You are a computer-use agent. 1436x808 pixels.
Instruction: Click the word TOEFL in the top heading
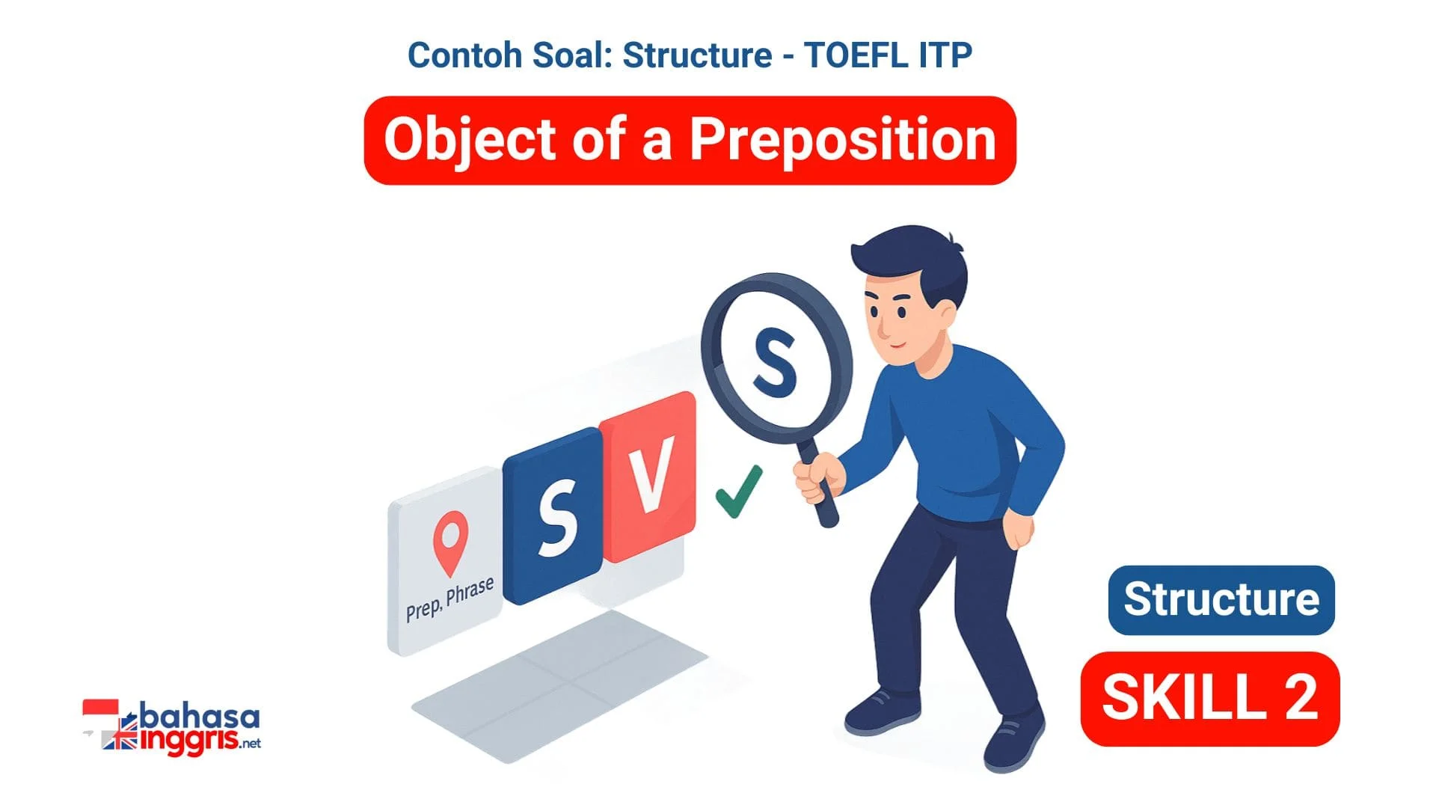850,55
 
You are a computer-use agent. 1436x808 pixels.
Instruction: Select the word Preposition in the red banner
843,140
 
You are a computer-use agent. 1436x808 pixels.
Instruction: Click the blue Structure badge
1221,600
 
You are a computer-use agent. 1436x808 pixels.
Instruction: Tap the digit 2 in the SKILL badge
1301,697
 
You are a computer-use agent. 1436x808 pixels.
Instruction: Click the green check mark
739,492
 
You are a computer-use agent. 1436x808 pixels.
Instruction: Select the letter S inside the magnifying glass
775,362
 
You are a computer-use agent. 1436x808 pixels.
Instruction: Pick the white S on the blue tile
557,517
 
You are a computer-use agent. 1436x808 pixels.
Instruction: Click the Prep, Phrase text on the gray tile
449,599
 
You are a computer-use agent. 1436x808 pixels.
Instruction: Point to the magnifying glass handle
817,483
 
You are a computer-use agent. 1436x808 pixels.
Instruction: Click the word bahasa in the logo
200,717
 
